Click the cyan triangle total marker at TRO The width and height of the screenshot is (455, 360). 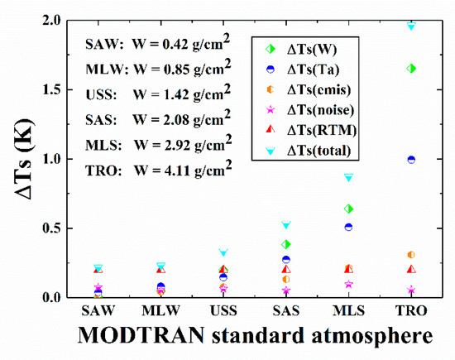pos(411,26)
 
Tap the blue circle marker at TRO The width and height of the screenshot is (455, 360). pos(411,160)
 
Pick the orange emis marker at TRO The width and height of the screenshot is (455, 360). pos(411,255)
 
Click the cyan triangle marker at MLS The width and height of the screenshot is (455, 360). pos(348,177)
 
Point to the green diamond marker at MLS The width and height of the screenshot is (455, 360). pos(348,209)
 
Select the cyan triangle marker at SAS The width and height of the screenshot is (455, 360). pos(286,225)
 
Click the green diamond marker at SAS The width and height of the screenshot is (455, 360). pos(286,244)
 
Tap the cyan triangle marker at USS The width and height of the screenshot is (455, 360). pos(223,252)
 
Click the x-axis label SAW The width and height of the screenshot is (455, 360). pos(98,311)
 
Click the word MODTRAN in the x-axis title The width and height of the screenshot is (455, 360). pos(127,337)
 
